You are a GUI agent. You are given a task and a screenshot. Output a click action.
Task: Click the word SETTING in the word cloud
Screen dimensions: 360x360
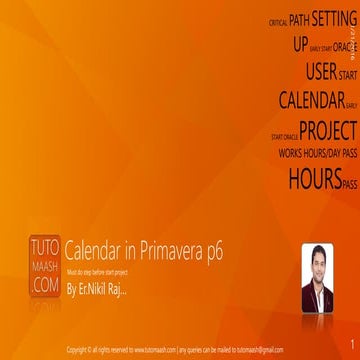point(334,18)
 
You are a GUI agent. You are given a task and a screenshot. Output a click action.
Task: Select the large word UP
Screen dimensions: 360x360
point(301,45)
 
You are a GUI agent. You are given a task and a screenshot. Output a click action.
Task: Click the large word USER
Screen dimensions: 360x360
point(321,72)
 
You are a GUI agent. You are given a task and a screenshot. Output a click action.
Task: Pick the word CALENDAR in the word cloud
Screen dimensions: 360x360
point(311,100)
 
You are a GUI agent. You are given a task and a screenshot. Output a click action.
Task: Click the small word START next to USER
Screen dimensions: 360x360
point(348,75)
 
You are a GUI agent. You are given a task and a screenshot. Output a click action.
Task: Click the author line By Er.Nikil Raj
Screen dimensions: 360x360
point(98,263)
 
